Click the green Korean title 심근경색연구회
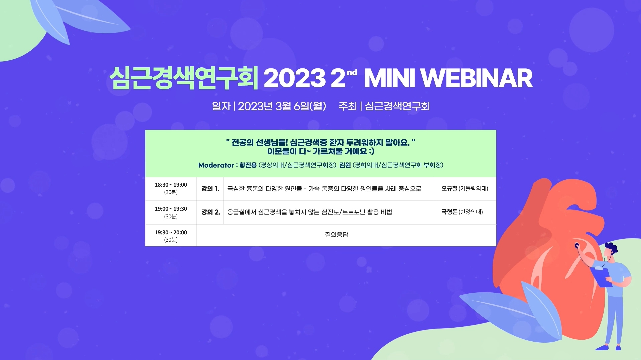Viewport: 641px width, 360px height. [184, 78]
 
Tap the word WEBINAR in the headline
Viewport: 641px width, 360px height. [476, 78]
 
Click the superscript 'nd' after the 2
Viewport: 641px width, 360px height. [352, 72]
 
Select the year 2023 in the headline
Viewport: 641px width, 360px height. [294, 78]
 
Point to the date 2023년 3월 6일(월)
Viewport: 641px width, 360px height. [282, 106]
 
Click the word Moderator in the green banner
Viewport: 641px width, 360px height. [216, 165]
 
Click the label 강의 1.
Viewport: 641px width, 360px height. [210, 189]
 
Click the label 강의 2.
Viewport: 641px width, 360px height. [211, 212]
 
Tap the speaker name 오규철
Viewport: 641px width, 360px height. [449, 188]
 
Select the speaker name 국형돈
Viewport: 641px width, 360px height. [449, 212]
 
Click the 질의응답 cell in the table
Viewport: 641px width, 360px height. [337, 235]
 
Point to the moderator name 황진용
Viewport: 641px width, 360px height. [248, 165]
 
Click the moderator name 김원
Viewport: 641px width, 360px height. [345, 165]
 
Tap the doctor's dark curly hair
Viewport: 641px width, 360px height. [611, 248]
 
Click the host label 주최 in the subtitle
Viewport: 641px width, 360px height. [348, 106]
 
